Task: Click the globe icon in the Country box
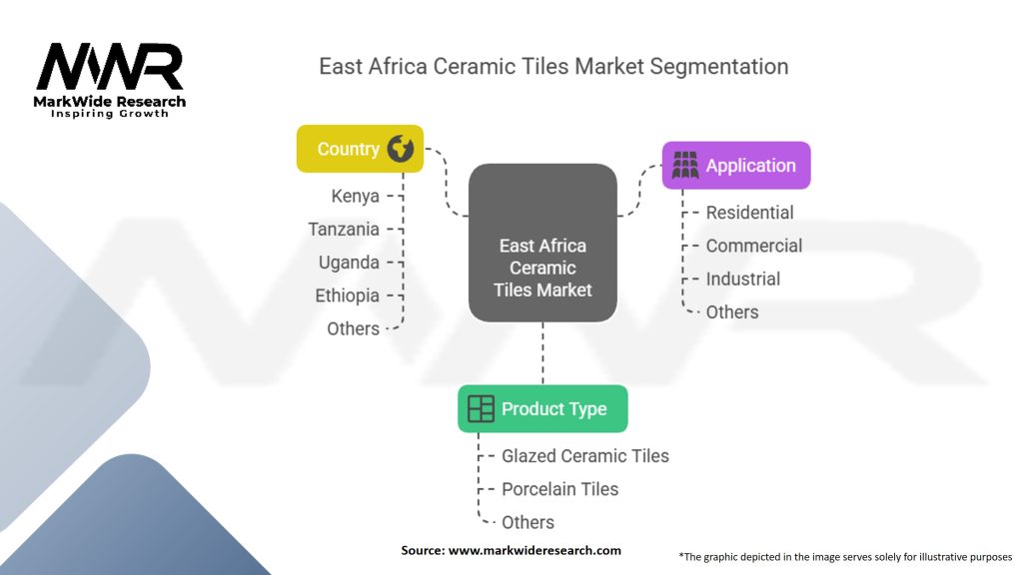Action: point(402,149)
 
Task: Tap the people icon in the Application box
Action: point(685,166)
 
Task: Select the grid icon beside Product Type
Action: point(481,408)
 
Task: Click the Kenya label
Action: point(355,196)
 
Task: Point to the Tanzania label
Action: point(344,229)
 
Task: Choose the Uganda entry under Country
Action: point(349,262)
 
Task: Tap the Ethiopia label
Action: point(347,295)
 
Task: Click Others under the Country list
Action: point(353,328)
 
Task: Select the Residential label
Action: point(749,213)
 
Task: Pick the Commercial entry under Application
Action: point(753,246)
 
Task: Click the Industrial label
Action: point(742,279)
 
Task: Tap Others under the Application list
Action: point(732,311)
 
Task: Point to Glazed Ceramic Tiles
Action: point(584,455)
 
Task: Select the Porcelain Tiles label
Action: point(559,488)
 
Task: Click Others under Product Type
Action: point(527,521)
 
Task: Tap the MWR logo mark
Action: point(110,67)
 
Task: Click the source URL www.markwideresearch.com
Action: point(534,550)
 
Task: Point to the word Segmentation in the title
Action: point(718,67)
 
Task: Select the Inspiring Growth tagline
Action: point(110,114)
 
